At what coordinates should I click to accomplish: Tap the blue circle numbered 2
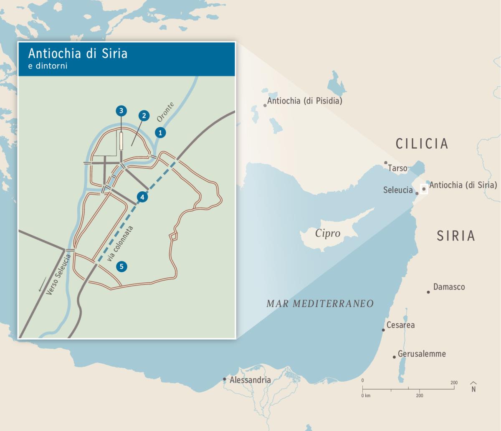[x=143, y=116]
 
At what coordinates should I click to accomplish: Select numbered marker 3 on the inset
[x=121, y=111]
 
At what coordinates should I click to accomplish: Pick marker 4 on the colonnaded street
[x=142, y=197]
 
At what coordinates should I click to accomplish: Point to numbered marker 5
[x=121, y=266]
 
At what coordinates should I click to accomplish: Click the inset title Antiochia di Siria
[x=78, y=53]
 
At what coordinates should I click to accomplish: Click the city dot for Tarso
[x=386, y=163]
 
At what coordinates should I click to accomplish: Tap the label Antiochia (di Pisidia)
[x=304, y=101]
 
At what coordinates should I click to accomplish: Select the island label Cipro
[x=328, y=233]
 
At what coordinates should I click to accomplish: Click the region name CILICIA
[x=422, y=144]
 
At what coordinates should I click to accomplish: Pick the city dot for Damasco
[x=428, y=292]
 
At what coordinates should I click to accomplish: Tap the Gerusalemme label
[x=422, y=354]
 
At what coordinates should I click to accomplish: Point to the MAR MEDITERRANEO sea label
[x=320, y=304]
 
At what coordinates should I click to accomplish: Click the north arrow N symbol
[x=473, y=387]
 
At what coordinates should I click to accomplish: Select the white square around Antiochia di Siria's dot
[x=424, y=189]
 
